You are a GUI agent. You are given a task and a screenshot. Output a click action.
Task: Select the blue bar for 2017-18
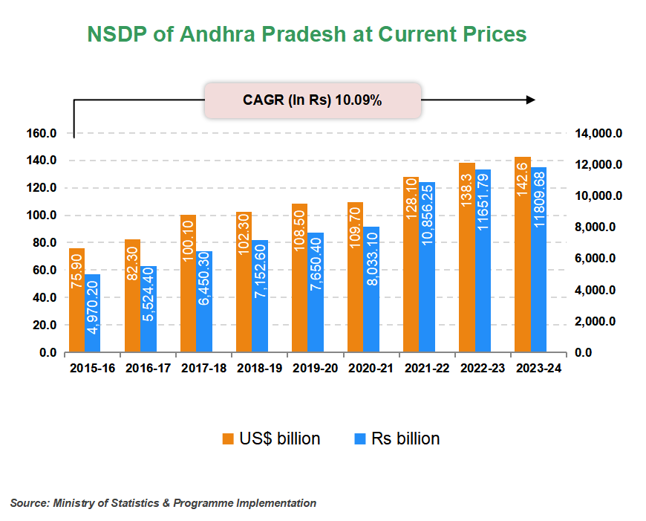pyautogui.click(x=204, y=301)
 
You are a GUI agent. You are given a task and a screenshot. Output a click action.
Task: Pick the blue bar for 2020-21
pyautogui.click(x=371, y=289)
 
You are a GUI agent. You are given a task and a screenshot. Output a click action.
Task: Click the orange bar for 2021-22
pyautogui.click(x=411, y=264)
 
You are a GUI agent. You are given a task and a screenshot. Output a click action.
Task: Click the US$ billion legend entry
pyautogui.click(x=271, y=439)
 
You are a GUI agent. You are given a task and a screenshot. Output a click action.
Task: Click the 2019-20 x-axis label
pyautogui.click(x=315, y=368)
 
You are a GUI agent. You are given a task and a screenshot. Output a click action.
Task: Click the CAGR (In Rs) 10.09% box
pyautogui.click(x=313, y=100)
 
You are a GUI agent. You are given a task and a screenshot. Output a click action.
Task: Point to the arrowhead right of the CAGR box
pyautogui.click(x=530, y=100)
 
